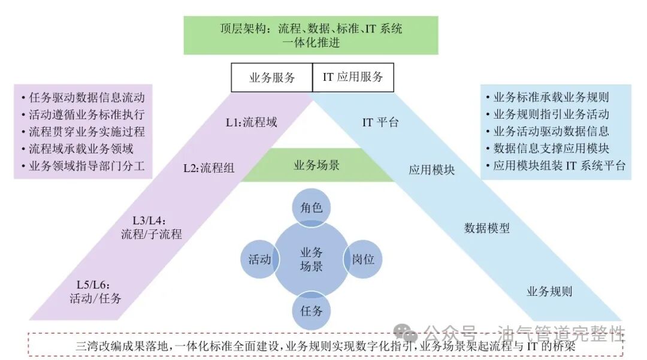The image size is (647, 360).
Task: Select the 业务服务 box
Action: tap(272, 78)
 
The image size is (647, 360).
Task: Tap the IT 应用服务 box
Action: tap(353, 77)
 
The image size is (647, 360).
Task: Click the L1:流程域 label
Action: tap(251, 123)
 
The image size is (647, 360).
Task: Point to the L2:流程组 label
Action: tap(208, 168)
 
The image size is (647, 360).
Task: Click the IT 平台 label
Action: tap(380, 123)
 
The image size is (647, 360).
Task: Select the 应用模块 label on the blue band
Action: tap(432, 170)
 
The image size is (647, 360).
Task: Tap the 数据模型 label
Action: tap(487, 228)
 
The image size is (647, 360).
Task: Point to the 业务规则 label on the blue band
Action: tap(549, 292)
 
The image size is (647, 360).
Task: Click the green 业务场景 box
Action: tap(317, 165)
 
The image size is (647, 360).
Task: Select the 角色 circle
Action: tap(311, 208)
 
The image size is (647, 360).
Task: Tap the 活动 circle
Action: tap(260, 259)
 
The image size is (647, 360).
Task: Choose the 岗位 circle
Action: tap(363, 259)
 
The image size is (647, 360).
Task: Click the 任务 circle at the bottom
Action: tap(311, 310)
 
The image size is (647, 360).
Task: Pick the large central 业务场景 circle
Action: tap(311, 259)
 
